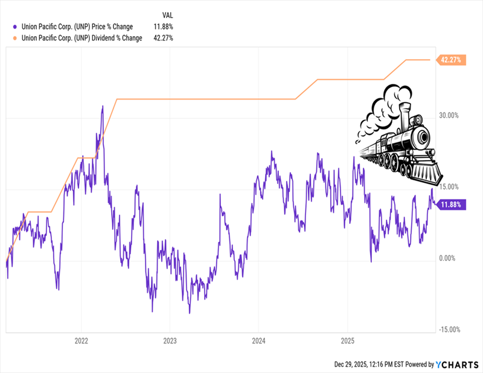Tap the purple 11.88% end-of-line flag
(451, 205)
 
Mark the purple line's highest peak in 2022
(103, 107)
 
